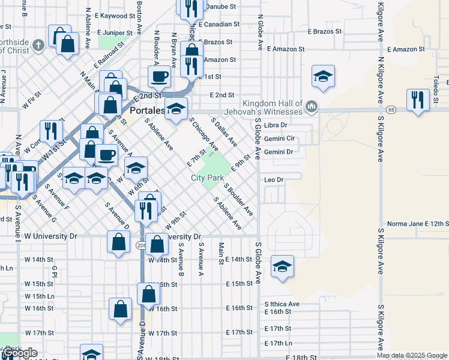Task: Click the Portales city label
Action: [x=147, y=111]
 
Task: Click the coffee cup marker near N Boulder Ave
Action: [x=160, y=76]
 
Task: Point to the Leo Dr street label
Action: [x=273, y=179]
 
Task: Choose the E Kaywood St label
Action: [x=109, y=16]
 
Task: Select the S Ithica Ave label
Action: [x=282, y=304]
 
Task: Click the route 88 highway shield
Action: [x=391, y=110]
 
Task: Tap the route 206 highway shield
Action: [x=141, y=245]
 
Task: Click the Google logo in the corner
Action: [x=19, y=353]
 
